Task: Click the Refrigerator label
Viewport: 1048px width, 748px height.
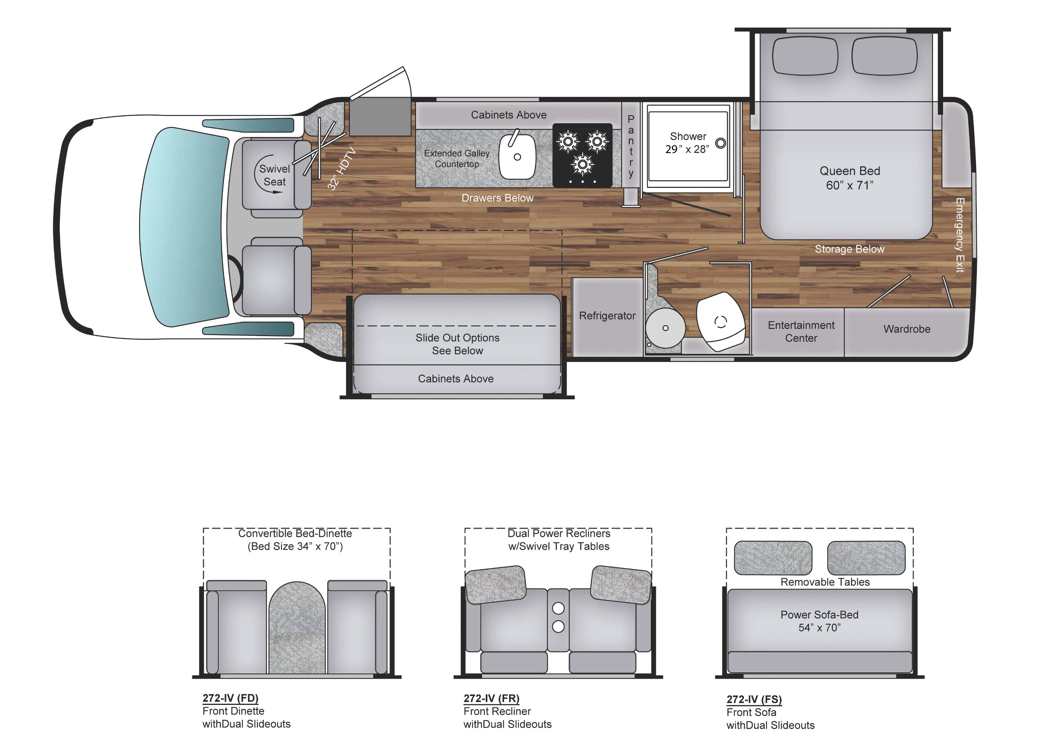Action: click(607, 316)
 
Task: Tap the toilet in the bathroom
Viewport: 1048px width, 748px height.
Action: click(720, 321)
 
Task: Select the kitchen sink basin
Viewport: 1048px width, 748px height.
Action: click(517, 157)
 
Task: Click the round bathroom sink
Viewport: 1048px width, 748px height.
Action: click(665, 327)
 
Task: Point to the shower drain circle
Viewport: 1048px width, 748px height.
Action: click(720, 143)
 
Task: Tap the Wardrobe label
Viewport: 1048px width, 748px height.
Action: click(906, 329)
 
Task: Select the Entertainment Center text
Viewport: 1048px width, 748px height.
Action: click(801, 331)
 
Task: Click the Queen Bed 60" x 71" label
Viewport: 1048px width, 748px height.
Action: click(849, 178)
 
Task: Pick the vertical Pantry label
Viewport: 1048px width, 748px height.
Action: click(631, 146)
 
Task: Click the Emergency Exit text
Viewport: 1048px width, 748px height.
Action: click(960, 235)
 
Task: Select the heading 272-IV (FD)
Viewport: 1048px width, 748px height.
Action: click(230, 698)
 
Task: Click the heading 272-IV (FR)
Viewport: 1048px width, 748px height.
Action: click(491, 698)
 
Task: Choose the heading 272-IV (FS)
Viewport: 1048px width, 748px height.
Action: click(754, 699)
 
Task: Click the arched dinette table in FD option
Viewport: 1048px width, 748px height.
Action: click(297, 626)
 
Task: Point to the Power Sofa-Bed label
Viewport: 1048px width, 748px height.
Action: click(819, 621)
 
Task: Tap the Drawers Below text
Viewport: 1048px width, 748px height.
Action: click(497, 198)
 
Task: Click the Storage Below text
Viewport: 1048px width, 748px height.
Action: click(849, 249)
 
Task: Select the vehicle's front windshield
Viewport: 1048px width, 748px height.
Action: click(184, 227)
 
